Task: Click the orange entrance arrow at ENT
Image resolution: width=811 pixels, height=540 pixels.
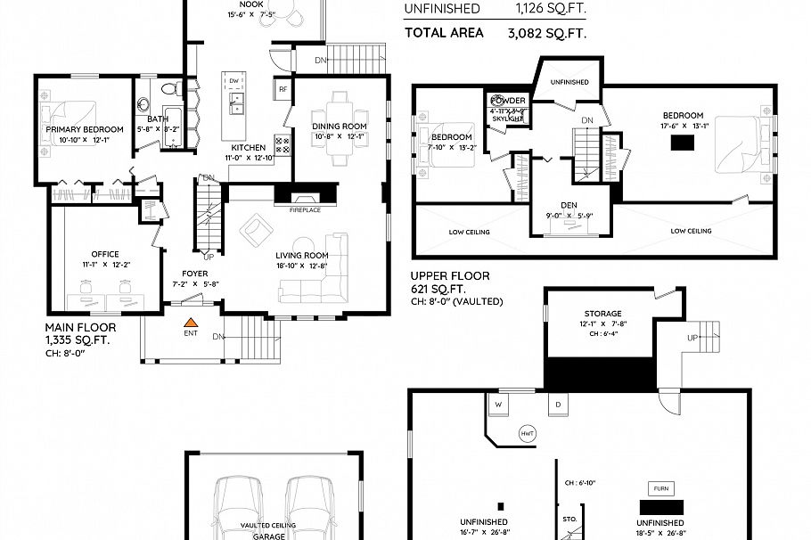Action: coord(190,322)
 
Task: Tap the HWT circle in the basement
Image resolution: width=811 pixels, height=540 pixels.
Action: coord(527,434)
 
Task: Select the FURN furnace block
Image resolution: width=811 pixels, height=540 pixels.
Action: coord(660,489)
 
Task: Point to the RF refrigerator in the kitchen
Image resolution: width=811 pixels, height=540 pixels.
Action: coord(283,89)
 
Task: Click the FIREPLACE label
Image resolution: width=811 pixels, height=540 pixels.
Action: coord(304,209)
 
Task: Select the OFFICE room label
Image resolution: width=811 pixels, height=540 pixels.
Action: coord(105,254)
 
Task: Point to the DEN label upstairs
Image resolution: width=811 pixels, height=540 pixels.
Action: coord(569,204)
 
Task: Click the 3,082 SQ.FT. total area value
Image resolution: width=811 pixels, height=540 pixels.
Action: coord(546,33)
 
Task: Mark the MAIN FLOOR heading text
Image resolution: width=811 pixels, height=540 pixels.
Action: coord(80,327)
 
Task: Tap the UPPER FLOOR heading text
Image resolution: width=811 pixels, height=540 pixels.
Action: coord(450,276)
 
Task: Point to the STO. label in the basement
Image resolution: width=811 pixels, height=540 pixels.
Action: coord(569,517)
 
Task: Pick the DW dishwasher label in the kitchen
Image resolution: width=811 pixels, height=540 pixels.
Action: coord(233,81)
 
